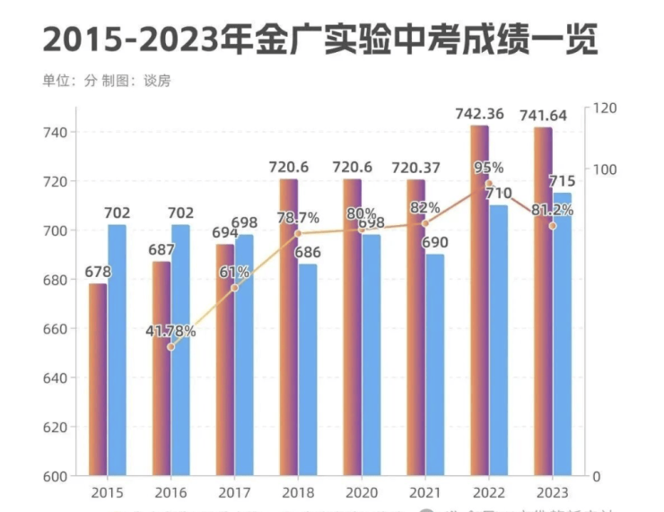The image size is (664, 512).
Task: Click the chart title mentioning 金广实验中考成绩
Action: pos(319,41)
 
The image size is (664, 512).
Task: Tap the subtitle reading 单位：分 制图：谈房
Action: pos(106,81)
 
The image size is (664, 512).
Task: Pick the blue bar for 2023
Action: pos(562,334)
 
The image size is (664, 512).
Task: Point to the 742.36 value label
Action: pos(479,114)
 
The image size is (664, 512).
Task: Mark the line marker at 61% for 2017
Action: pos(235,288)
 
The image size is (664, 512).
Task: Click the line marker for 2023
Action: pos(553,225)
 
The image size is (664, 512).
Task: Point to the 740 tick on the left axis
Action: pos(56,133)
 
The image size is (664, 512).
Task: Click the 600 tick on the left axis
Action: pos(56,476)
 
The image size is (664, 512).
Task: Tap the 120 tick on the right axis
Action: pos(607,108)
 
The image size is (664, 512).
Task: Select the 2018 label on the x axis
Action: pos(298,493)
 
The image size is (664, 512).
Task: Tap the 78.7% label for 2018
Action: pos(298,218)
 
